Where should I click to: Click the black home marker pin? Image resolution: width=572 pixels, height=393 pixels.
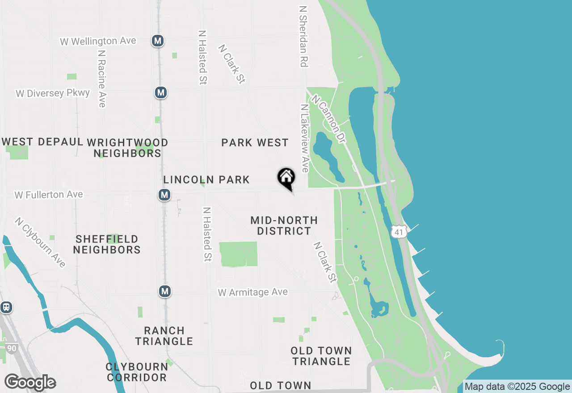286,177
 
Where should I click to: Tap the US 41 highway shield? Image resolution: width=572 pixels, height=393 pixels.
399,231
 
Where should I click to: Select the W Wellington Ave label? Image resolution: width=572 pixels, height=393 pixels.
98,41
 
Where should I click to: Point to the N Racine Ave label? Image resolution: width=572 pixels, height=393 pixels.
102,78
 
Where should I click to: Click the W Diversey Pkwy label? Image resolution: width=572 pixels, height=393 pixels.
53,93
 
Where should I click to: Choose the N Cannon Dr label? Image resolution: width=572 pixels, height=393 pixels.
329,119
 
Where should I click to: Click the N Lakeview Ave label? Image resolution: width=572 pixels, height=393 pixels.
304,138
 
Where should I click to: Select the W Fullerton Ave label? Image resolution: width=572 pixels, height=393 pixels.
49,195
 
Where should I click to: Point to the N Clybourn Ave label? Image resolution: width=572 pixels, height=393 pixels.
40,242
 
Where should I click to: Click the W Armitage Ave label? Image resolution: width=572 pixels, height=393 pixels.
253,292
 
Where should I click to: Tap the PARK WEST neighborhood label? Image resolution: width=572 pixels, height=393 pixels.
255,142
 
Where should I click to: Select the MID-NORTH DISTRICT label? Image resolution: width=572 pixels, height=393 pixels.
284,226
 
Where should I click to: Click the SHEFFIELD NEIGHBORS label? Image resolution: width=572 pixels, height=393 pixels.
107,244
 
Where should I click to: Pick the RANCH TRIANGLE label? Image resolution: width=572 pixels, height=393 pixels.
164,336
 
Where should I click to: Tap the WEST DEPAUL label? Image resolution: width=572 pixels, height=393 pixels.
43,142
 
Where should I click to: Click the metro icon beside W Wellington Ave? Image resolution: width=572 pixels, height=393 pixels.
157,41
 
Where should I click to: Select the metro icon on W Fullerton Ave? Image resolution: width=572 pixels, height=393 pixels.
164,195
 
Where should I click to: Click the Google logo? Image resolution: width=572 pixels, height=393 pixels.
30,382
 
